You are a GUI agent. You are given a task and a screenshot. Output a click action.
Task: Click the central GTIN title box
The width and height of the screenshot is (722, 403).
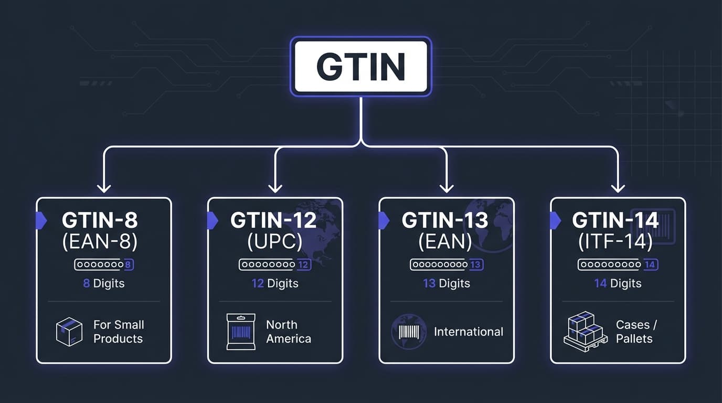pyautogui.click(x=361, y=66)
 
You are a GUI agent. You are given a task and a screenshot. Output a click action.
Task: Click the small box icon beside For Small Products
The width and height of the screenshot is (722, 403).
pyautogui.click(x=69, y=332)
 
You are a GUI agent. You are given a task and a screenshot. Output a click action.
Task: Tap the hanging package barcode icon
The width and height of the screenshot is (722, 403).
pyautogui.click(x=241, y=332)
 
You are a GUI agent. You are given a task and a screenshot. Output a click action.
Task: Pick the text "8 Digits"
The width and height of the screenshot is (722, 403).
pyautogui.click(x=104, y=283)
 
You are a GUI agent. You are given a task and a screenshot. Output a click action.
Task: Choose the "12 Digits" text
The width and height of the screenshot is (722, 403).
pyautogui.click(x=275, y=283)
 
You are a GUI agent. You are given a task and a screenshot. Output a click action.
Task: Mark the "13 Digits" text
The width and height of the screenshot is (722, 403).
pyautogui.click(x=447, y=283)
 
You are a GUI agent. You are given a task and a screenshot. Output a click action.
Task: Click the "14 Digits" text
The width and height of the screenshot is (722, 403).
pyautogui.click(x=618, y=283)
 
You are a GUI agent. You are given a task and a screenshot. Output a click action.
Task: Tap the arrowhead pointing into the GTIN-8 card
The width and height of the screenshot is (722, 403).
pyautogui.click(x=104, y=187)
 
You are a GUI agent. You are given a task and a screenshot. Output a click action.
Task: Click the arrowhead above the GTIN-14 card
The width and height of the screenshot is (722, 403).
pyautogui.click(x=618, y=187)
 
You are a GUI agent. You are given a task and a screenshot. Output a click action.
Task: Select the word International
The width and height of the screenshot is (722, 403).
pyautogui.click(x=469, y=332)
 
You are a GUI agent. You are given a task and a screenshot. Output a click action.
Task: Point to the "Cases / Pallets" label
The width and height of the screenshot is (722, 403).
pyautogui.click(x=635, y=332)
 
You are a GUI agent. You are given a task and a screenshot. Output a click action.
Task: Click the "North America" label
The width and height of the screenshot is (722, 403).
pyautogui.click(x=289, y=332)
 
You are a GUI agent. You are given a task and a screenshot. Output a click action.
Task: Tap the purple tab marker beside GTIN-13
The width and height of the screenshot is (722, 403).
pyautogui.click(x=384, y=220)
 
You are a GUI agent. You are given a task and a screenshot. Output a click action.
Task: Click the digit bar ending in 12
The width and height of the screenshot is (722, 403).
pyautogui.click(x=275, y=265)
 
